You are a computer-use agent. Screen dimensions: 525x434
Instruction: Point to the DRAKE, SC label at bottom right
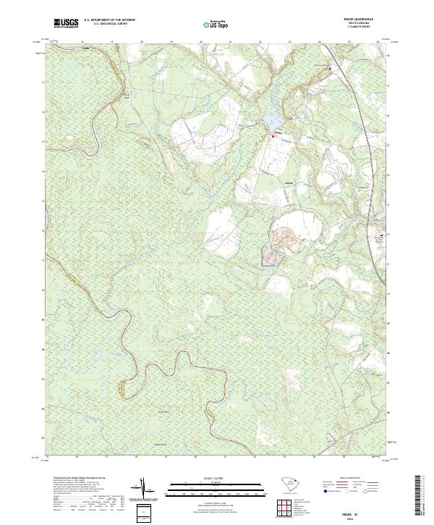click(x=365, y=509)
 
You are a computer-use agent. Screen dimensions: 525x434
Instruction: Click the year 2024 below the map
click(x=365, y=515)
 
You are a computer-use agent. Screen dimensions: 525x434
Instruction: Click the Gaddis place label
click(x=291, y=182)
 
